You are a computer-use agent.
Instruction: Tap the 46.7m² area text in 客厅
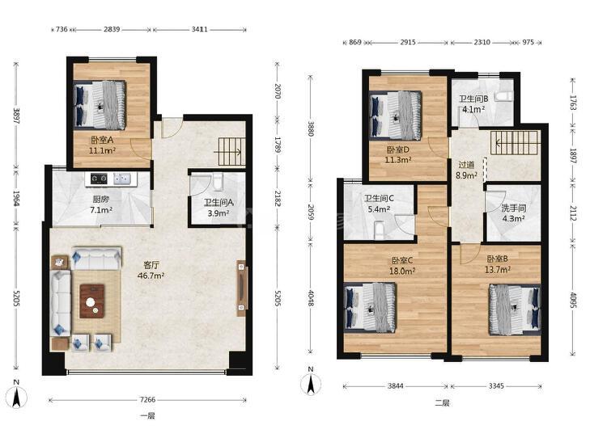pos(151,276)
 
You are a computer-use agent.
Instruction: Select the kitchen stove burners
pos(99,179)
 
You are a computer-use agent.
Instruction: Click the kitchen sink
pos(121,179)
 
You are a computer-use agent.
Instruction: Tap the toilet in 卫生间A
pos(218,183)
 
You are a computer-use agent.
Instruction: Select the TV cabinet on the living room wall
pos(241,288)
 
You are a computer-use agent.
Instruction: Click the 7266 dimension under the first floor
pos(147,399)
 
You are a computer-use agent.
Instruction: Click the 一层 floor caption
pos(147,415)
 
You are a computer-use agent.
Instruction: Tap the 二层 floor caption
pos(442,403)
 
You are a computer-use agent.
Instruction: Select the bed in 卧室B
pos(515,309)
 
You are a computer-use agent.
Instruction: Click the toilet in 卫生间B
pos(503,96)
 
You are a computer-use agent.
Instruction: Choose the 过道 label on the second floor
pos(466,165)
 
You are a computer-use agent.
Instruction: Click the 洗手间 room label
pos(514,208)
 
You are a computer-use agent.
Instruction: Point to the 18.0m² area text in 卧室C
pos(402,271)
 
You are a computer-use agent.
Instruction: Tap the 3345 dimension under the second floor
pos(496,385)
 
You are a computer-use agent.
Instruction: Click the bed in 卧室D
pos(395,116)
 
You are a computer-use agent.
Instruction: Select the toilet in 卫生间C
pos(379,229)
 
